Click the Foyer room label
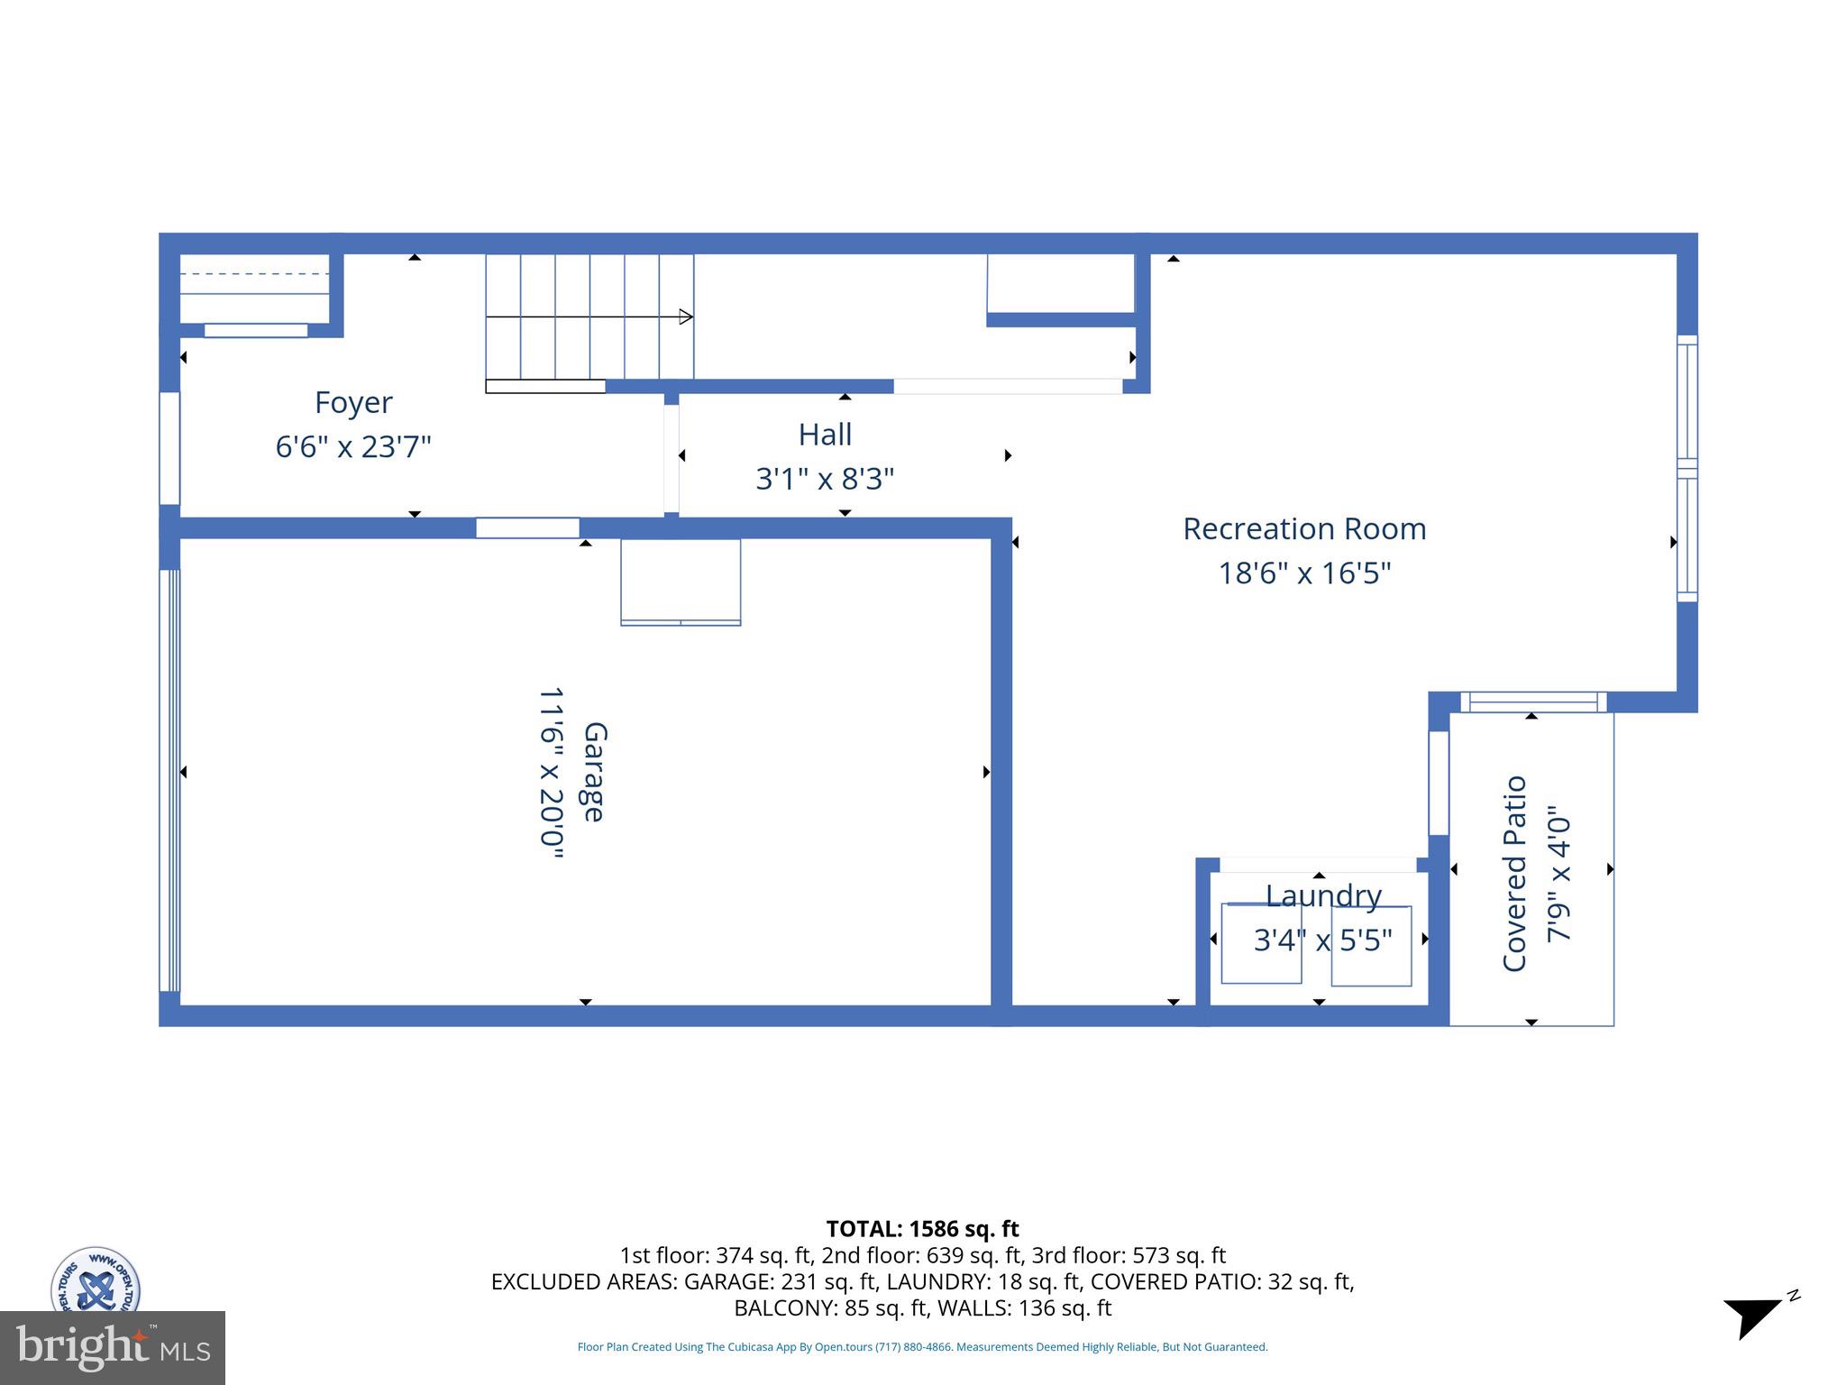point(353,402)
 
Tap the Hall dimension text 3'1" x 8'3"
point(825,479)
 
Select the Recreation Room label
point(1304,529)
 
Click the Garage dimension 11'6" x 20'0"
point(551,773)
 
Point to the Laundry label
point(1323,895)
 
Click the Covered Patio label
point(1514,873)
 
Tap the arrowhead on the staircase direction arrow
point(686,316)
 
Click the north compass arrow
point(1754,1317)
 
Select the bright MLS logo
point(113,1348)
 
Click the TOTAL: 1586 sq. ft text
point(922,1229)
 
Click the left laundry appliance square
point(1261,944)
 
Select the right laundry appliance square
point(1371,946)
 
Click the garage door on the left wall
point(169,780)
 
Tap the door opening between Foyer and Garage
point(527,528)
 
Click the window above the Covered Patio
point(1533,702)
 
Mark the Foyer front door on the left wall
point(169,448)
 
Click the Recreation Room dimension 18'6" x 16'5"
point(1304,573)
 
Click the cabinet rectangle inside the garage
point(681,582)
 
